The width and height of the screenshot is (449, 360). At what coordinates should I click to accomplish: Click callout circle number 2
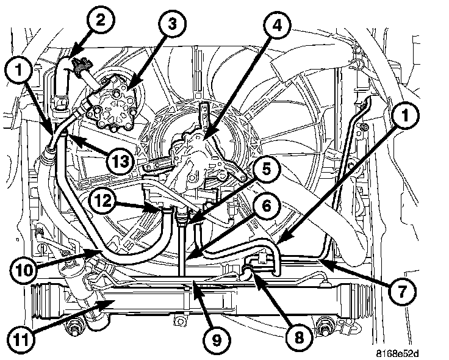coord(101,20)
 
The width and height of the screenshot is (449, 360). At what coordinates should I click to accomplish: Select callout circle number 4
coord(278,27)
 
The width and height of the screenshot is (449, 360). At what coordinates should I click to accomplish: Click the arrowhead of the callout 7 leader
coord(323,261)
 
